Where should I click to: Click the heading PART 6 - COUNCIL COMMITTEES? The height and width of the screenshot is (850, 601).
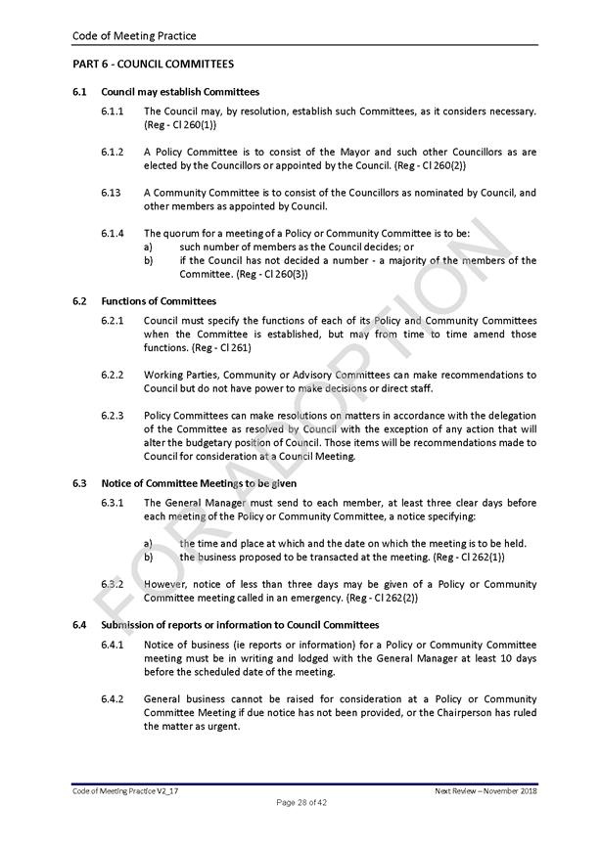[153, 65]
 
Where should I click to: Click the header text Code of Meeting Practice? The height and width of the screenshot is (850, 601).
[134, 36]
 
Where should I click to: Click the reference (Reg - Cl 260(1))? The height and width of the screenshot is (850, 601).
[180, 125]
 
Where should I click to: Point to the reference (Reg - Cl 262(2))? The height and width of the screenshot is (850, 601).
[372, 598]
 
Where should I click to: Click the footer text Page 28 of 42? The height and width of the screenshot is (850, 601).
[300, 803]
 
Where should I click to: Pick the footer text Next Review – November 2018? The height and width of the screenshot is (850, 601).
[485, 789]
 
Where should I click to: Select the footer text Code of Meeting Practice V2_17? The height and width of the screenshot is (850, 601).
[125, 789]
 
